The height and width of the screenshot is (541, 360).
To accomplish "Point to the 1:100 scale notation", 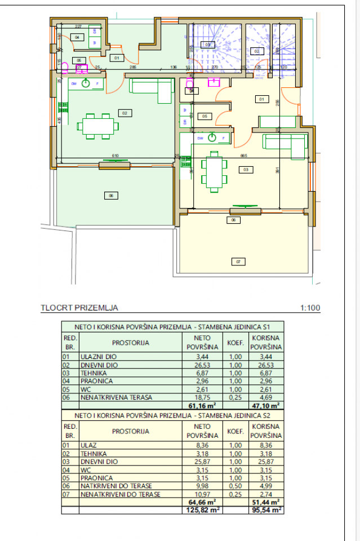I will pos(310,308).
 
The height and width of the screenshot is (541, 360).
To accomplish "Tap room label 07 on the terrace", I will pos(238,261).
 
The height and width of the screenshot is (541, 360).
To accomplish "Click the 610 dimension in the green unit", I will pos(115,156).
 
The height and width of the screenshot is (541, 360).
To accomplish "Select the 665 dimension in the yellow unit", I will pos(243,156).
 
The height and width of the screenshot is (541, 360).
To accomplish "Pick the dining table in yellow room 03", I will pos(214,171).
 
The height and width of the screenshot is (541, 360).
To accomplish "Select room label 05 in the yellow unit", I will pos(205,116).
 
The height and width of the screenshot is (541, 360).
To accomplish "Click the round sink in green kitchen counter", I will pos(86,84).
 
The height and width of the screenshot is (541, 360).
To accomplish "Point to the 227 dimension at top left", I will pos(78,26).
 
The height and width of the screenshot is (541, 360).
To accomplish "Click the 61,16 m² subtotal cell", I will pos(202,405).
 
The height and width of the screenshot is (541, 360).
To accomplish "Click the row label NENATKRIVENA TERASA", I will pos(116,397).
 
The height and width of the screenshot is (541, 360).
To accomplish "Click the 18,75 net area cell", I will pos(202,397).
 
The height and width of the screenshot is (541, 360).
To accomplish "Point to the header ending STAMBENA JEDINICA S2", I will pos(173,414).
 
